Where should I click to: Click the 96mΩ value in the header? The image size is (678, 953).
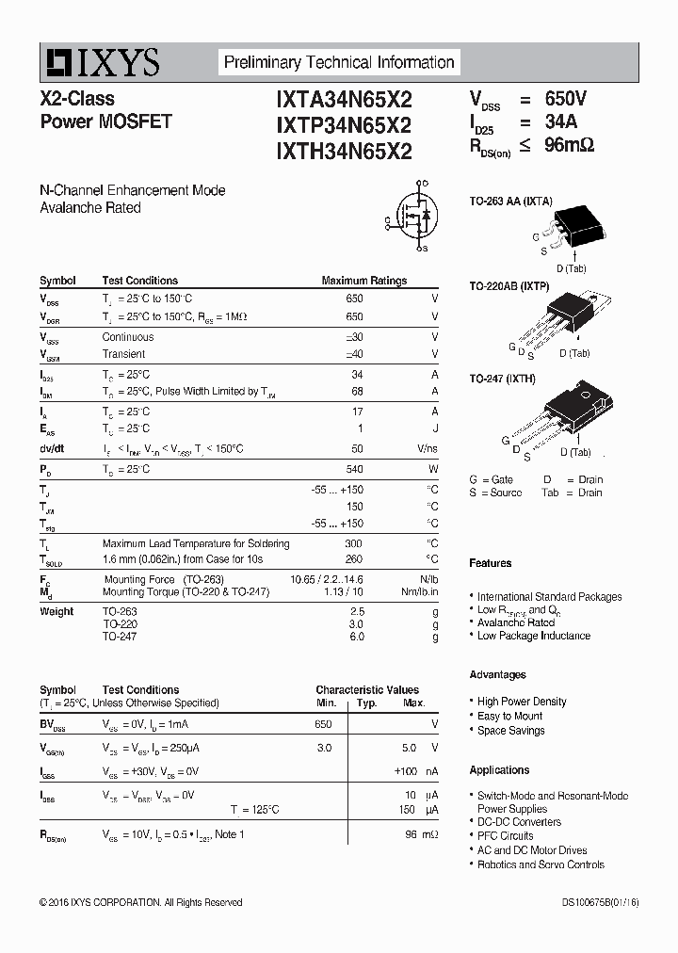coord(569,146)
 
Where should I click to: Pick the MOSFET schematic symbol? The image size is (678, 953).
coord(413,217)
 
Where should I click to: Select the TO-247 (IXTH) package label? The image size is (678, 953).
coord(503,379)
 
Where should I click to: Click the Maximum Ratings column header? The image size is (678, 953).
coord(363,281)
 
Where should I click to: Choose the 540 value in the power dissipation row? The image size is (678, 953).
coord(354,469)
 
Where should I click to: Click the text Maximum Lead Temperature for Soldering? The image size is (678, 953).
coord(196,543)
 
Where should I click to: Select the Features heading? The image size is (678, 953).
coord(491,563)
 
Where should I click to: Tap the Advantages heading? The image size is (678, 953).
coord(497,674)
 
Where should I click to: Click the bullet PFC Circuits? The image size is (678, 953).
coord(505,835)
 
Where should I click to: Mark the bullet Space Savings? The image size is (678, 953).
coord(510,730)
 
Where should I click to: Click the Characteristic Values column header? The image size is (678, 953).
coord(367,690)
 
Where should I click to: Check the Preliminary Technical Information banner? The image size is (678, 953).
coord(339,63)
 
